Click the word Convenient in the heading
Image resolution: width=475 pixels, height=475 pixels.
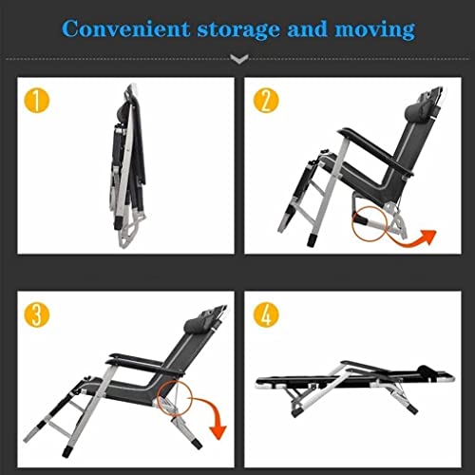(x=125, y=29)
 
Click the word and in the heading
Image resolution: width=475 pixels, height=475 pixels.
(x=307, y=29)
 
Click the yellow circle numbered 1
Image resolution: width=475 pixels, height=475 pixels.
(x=37, y=101)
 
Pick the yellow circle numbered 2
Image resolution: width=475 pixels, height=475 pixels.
(x=266, y=101)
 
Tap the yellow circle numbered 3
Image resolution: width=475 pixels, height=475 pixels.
(x=37, y=314)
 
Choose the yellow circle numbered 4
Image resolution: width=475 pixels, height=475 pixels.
(x=266, y=314)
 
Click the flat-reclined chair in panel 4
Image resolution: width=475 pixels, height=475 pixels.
(x=354, y=387)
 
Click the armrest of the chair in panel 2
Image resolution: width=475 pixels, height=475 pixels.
(x=376, y=151)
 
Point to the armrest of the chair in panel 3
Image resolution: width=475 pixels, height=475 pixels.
(x=144, y=364)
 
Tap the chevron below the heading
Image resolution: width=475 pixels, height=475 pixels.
(x=239, y=59)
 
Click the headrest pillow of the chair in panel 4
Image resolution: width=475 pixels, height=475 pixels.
(x=425, y=370)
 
